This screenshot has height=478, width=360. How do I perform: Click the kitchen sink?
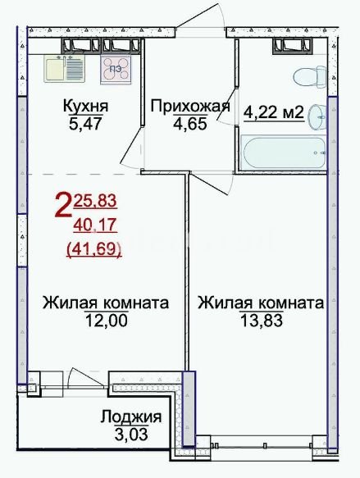point(63,69)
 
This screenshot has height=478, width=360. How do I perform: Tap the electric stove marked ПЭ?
point(116,69)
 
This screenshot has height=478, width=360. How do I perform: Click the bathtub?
point(283,153)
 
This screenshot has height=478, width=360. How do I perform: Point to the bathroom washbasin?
point(317,116)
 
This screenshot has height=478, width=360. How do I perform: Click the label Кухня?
point(85,107)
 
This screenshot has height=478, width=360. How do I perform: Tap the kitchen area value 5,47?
point(85,124)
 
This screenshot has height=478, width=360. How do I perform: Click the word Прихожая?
point(190,107)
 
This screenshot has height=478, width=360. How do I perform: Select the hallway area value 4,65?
point(190,124)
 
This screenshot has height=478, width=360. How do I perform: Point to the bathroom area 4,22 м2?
point(274,113)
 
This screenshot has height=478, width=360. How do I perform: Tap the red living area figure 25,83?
point(95,201)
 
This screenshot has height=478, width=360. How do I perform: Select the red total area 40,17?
point(95,225)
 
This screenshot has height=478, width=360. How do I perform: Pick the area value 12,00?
point(106,321)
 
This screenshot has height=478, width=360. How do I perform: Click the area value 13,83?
point(262,321)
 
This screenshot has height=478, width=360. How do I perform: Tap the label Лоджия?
point(131,417)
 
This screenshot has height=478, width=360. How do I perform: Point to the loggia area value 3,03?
point(131,434)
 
